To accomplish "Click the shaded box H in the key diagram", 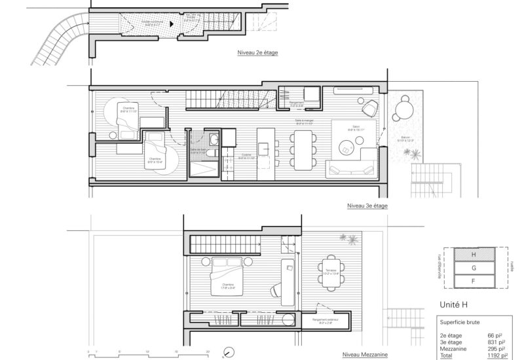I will coord(466,255).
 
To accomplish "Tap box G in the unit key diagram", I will coord(466,267).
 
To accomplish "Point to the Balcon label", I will coord(407,138).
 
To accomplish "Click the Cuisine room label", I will coord(246,156).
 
